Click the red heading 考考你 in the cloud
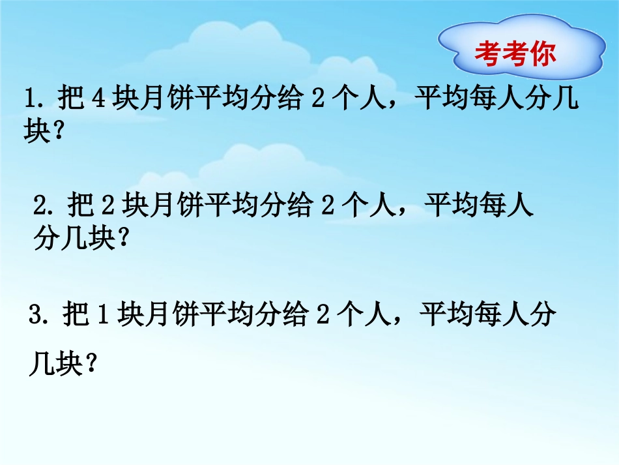click(x=516, y=55)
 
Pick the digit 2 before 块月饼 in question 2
click(x=107, y=207)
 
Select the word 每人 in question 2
click(x=508, y=207)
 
